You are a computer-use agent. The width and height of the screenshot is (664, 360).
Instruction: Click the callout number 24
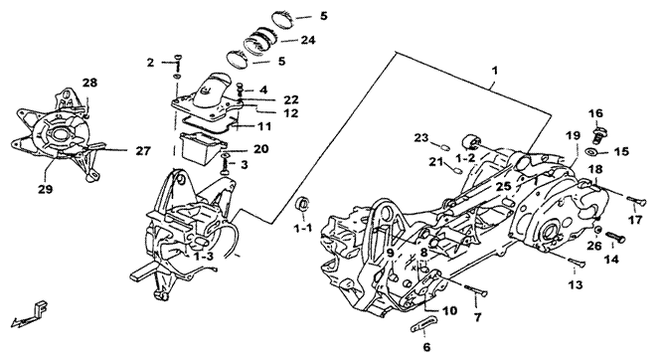tap(307, 40)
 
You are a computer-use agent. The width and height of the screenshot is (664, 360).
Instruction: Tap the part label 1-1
tap(303, 229)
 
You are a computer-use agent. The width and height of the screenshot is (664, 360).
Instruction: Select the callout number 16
tap(596, 113)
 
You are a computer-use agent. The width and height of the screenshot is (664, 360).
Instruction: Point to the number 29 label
tap(46, 189)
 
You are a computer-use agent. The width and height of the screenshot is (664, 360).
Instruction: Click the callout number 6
tap(426, 347)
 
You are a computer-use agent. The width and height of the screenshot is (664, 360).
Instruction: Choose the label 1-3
tap(204, 257)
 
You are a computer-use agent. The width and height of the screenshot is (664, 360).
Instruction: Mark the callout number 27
tap(143, 151)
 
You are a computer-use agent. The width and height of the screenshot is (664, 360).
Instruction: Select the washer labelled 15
tap(591, 151)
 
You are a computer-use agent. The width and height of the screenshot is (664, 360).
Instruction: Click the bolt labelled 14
tap(615, 237)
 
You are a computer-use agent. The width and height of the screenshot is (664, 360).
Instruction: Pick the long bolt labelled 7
tap(476, 290)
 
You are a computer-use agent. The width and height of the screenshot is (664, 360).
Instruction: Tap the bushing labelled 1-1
tap(302, 204)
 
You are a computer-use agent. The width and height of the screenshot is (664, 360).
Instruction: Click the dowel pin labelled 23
tap(442, 146)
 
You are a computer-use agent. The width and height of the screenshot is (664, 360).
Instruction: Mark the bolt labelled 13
tap(578, 262)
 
